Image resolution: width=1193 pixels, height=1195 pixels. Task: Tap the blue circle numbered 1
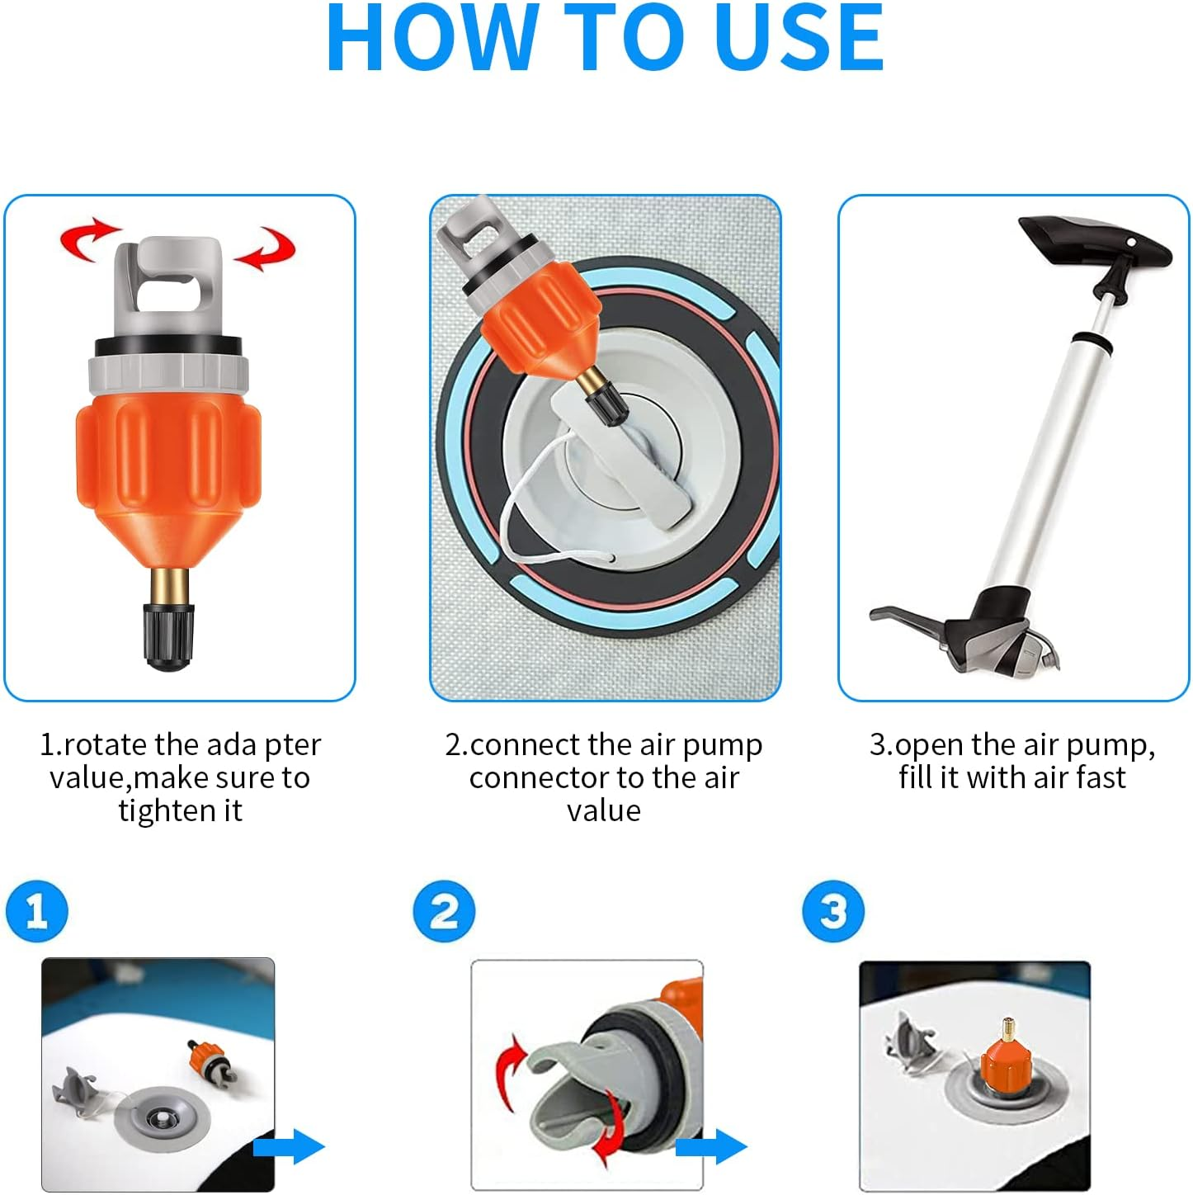click(x=36, y=911)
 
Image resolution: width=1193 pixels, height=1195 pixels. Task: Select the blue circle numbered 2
click(x=444, y=911)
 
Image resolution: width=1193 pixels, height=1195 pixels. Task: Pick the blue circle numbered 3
click(x=832, y=911)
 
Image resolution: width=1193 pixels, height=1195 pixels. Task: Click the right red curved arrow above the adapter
click(x=266, y=248)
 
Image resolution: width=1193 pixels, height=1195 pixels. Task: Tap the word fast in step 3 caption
click(x=1101, y=777)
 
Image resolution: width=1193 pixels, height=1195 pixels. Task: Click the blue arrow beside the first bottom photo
click(x=289, y=1146)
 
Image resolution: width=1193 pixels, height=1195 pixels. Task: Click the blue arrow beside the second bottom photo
click(x=711, y=1146)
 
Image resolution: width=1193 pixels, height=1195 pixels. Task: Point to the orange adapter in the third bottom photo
click(x=1006, y=1061)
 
